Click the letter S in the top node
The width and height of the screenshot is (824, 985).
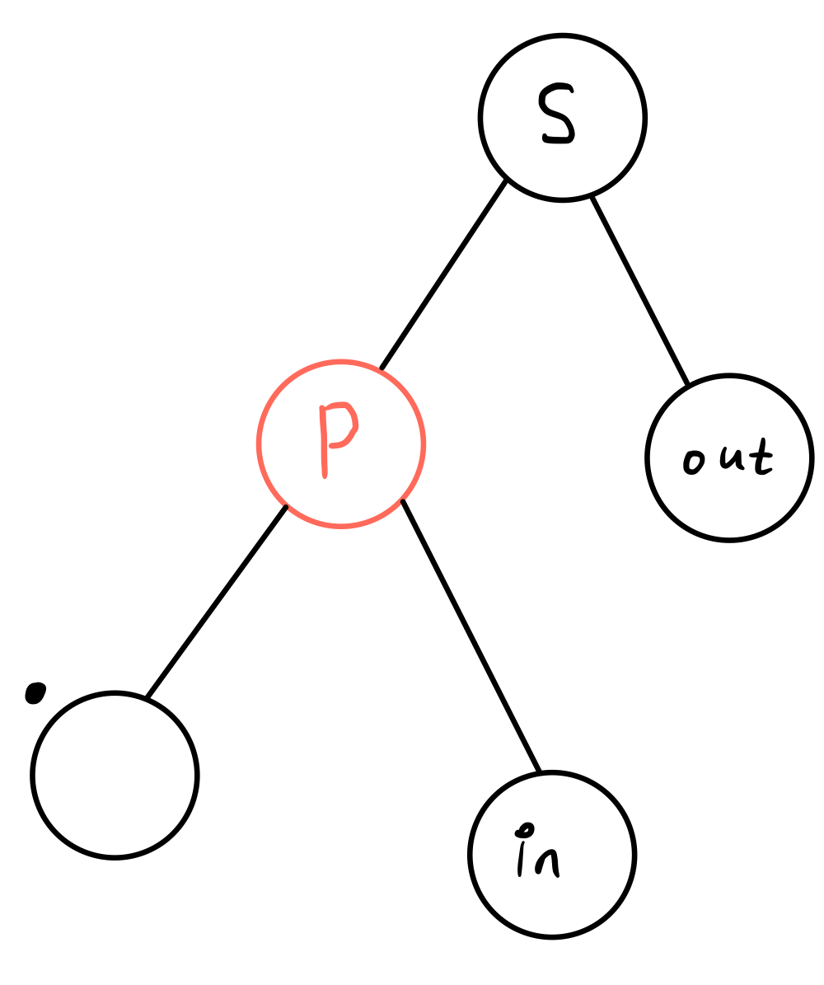point(556,113)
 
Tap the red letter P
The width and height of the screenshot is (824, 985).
point(336,437)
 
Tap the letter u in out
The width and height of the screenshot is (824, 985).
point(731,458)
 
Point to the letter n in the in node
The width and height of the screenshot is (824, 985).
point(548,862)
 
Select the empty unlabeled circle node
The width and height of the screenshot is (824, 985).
point(115,776)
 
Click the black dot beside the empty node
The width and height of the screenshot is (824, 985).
point(34,692)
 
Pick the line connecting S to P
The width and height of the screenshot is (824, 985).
point(443,274)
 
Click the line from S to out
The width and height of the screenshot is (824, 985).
point(639,291)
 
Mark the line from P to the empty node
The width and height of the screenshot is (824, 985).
point(217,601)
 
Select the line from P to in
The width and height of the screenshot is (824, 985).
point(471,636)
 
